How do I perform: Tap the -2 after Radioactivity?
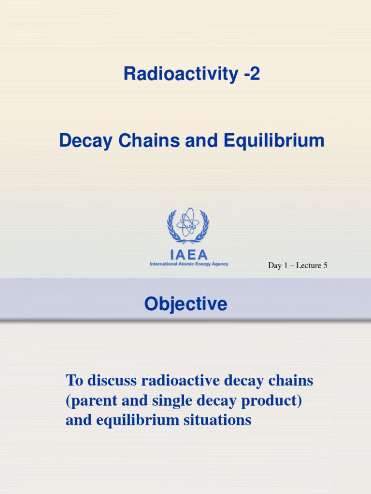(249, 74)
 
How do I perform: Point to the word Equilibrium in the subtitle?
(274, 141)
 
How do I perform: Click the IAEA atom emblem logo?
(188, 226)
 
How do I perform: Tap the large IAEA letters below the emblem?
(188, 254)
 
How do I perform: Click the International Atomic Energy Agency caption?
(189, 264)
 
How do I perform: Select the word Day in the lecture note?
(275, 265)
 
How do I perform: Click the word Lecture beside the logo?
(308, 265)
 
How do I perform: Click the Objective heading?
(185, 304)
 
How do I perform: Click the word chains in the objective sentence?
(291, 381)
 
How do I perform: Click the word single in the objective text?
(162, 401)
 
